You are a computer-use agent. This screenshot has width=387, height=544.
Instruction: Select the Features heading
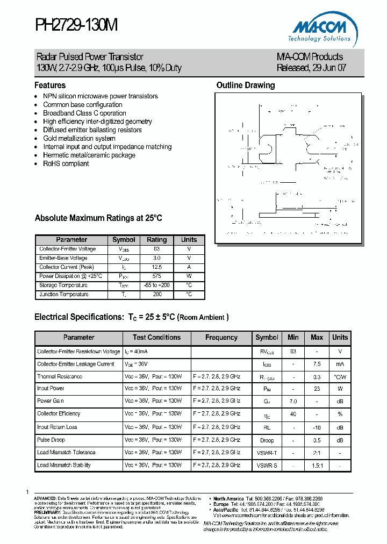point(50,85)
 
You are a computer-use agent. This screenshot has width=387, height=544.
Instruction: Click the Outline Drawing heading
point(245,85)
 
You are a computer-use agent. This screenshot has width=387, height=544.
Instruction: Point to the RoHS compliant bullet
point(66,163)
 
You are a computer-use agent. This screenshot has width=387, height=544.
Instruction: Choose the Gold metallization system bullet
point(79,138)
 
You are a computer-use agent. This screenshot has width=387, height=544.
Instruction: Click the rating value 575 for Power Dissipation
point(156,276)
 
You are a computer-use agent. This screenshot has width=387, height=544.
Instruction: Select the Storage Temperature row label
point(63,285)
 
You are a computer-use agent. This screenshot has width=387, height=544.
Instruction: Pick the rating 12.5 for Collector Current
point(156,267)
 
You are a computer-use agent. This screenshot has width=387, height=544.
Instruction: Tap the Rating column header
point(156,240)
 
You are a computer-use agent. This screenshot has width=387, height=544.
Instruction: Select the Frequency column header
point(221,338)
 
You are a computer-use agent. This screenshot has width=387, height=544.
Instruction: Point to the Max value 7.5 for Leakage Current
point(317,364)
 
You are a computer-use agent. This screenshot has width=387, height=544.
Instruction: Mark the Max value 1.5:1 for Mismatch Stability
point(317,465)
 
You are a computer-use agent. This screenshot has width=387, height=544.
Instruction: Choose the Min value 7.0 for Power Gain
point(293,401)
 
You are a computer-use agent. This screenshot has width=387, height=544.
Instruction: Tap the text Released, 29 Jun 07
point(311,68)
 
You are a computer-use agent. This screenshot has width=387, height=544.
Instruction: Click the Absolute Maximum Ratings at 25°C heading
point(98,218)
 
